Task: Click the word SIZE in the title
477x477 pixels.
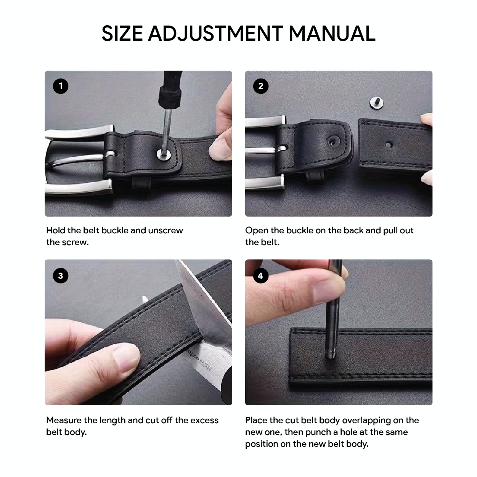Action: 122,34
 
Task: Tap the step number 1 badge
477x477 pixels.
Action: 61,86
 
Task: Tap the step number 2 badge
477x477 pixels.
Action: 261,86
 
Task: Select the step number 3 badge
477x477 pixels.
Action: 61,276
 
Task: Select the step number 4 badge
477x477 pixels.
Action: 260,276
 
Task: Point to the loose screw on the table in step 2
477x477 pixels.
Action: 376,103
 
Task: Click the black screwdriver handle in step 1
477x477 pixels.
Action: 169,90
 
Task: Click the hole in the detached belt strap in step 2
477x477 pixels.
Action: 388,145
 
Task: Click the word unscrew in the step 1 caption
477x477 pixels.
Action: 165,230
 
